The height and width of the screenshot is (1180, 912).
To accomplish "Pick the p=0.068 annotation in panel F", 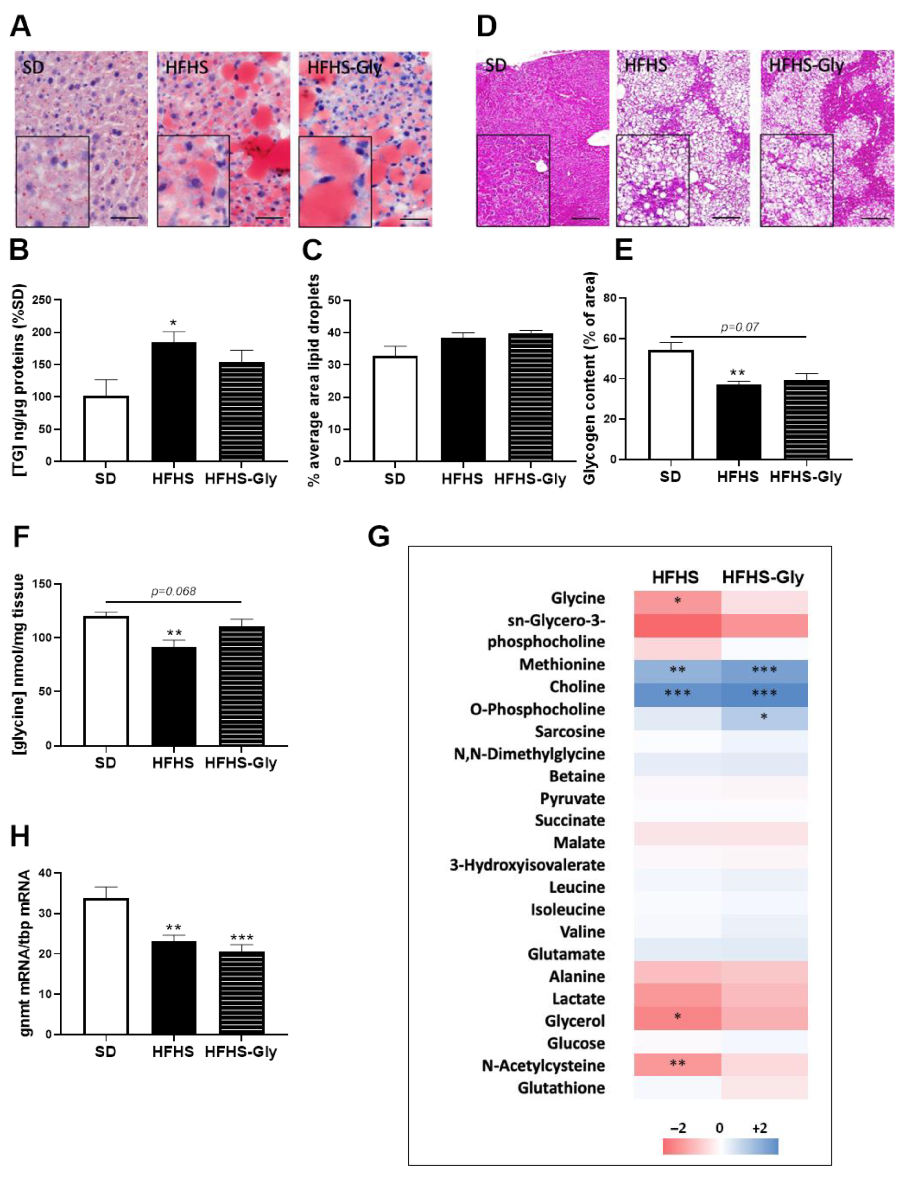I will coord(173,591).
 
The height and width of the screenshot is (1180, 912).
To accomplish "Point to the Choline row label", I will coord(577,687).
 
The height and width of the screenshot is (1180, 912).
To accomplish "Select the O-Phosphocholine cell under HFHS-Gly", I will coord(764,717).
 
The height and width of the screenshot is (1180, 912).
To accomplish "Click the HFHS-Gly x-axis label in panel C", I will coord(530,479).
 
